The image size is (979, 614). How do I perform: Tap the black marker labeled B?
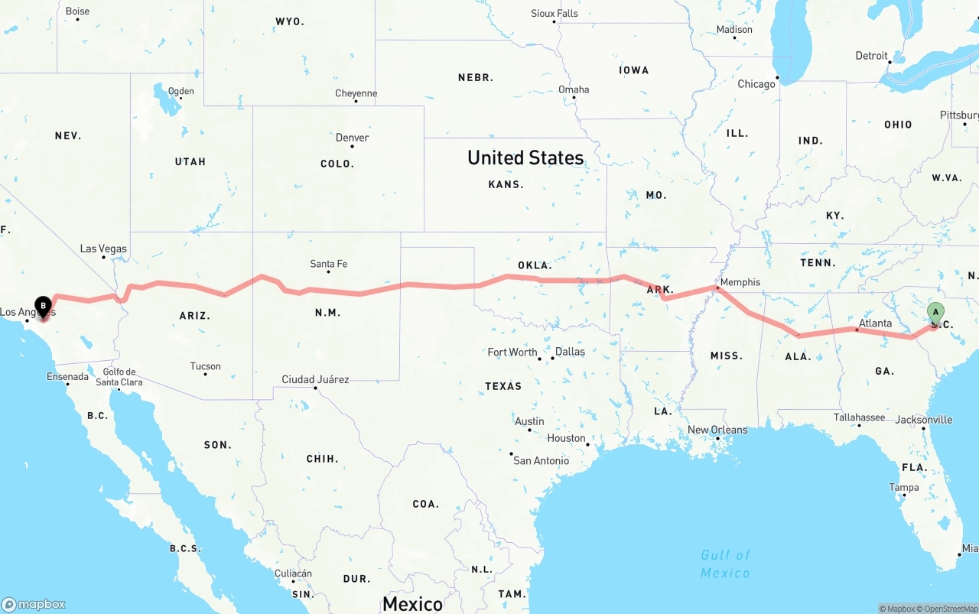[44, 307]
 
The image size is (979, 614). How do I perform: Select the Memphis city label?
[740, 282]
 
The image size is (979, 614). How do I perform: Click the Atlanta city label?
[875, 323]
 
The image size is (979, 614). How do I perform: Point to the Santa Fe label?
[328, 264]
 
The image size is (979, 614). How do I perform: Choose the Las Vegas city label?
[103, 249]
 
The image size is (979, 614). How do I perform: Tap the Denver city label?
[352, 138]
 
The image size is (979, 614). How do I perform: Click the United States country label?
[525, 158]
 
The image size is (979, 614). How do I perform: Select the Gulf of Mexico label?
[725, 564]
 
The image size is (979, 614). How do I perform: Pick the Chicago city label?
[756, 84]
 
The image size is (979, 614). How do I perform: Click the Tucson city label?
[205, 366]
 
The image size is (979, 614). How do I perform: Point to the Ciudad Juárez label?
[315, 379]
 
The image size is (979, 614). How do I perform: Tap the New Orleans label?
[717, 430]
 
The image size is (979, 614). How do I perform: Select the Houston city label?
[566, 438]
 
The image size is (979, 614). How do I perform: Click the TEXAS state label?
[503, 386]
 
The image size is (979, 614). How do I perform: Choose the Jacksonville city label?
[923, 420]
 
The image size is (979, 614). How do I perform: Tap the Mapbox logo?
[34, 604]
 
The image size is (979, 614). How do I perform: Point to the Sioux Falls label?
[555, 14]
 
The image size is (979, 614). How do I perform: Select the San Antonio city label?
[541, 460]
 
